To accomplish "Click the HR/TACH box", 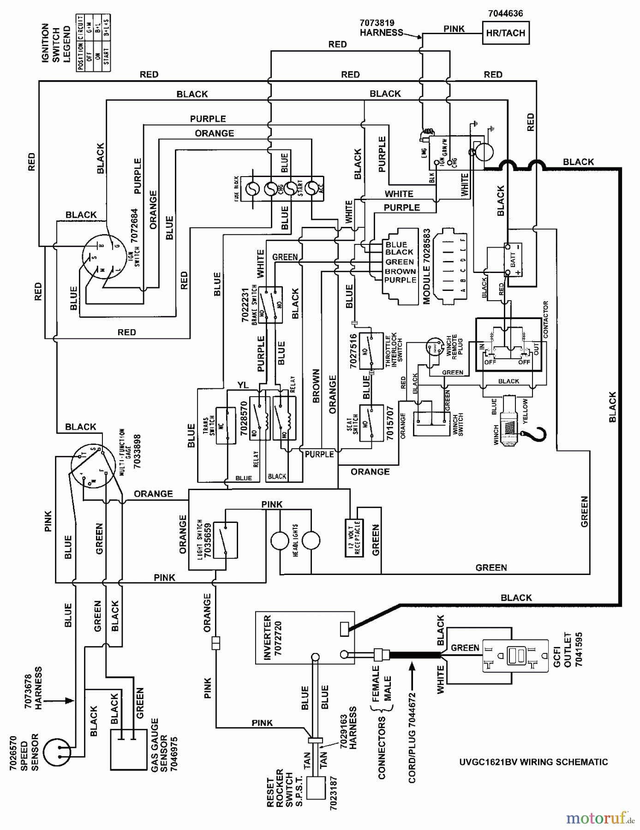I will point(505,33).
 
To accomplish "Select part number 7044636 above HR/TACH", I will point(505,13).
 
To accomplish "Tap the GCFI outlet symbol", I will point(515,655).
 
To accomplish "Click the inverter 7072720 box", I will point(305,638).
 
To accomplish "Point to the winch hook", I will point(537,434).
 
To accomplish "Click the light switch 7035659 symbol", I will point(225,540).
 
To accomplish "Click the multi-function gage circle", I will point(92,466).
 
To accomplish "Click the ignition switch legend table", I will point(94,43).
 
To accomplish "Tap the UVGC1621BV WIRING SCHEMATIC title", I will point(533,762).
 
